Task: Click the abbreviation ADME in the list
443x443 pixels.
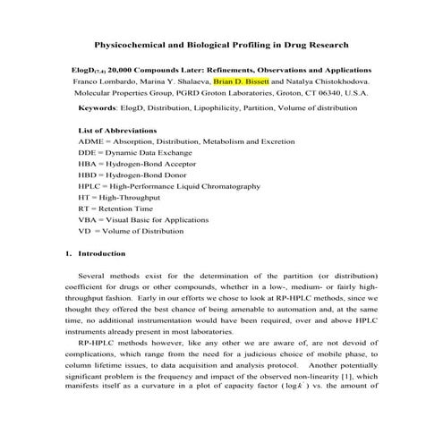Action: point(91,142)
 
